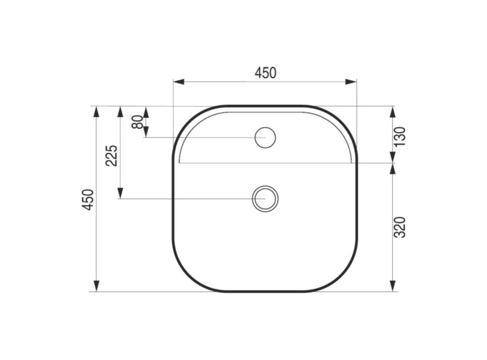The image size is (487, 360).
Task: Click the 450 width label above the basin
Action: tap(265, 73)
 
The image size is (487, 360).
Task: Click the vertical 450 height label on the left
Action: tap(88, 199)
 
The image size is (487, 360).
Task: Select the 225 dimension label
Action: tap(111, 155)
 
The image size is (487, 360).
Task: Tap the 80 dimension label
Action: tap(137, 122)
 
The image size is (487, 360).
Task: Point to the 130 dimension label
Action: tap(400, 136)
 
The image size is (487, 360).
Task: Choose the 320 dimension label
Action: tap(400, 227)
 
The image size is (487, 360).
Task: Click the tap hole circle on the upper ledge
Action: tap(265, 137)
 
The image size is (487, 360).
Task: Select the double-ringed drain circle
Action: tap(265, 199)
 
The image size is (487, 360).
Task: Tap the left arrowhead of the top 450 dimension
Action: tap(179, 82)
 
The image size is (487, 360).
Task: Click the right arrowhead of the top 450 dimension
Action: tap(351, 82)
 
